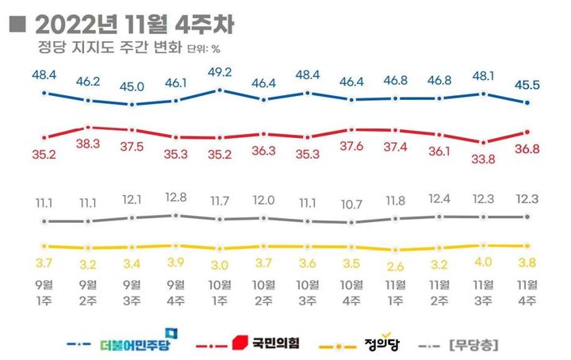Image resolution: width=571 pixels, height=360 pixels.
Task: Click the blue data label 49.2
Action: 220,71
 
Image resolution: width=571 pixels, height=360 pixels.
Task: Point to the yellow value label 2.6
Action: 396,266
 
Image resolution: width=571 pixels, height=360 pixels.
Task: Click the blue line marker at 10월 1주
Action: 220,90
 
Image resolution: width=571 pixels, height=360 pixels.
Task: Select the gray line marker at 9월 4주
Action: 176,215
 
